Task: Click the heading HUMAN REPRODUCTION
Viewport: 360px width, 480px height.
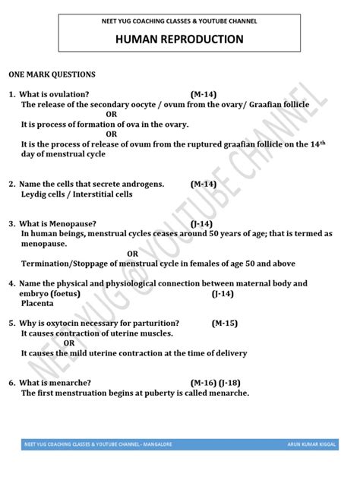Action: pyautogui.click(x=180, y=39)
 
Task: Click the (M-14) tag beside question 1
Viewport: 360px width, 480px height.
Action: pyautogui.click(x=203, y=94)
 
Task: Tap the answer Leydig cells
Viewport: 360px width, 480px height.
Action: pyautogui.click(x=47, y=194)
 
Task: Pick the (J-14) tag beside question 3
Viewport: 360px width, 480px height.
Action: pyautogui.click(x=201, y=224)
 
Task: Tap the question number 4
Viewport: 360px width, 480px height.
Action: pyautogui.click(x=11, y=283)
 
